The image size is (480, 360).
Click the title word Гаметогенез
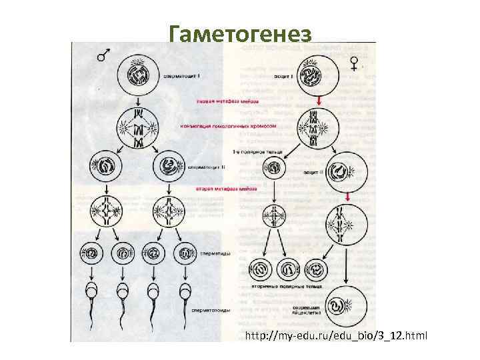point(239,33)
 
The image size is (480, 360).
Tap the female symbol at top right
point(355,62)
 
